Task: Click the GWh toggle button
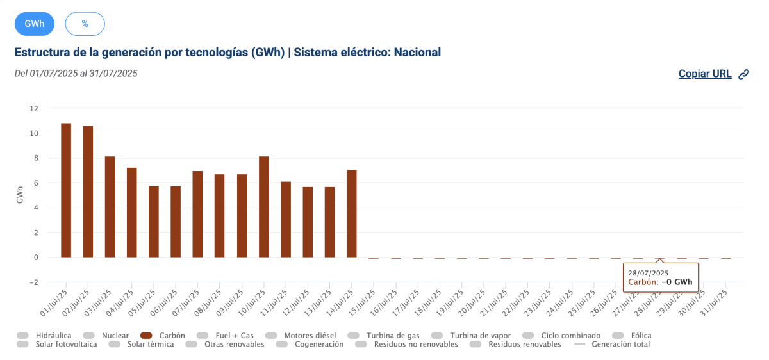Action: [x=35, y=24]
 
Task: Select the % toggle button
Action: [x=85, y=24]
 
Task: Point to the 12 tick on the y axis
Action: [x=34, y=108]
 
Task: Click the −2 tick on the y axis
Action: [x=33, y=282]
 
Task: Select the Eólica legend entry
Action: [x=641, y=335]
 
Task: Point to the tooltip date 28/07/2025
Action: [x=648, y=274]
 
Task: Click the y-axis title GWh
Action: [x=20, y=195]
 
